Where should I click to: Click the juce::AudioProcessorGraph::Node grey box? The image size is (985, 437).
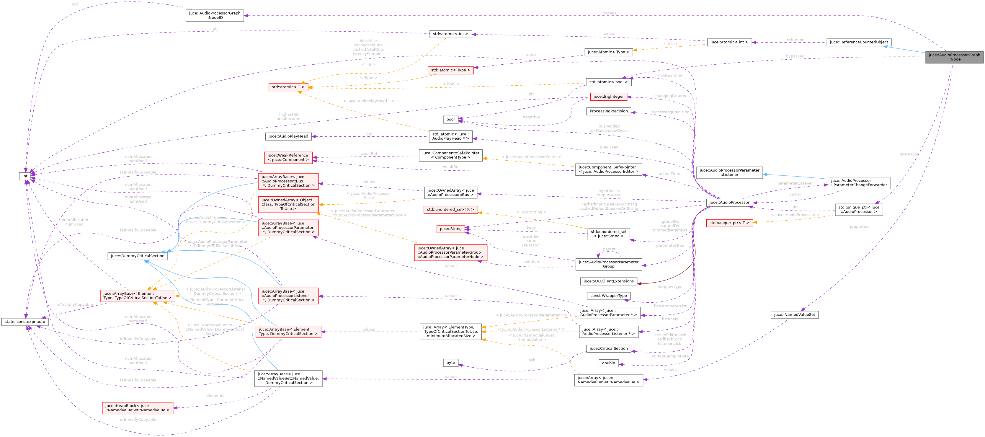tap(954, 57)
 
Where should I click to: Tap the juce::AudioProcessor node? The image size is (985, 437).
tap(729, 203)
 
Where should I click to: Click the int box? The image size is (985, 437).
tap(25, 176)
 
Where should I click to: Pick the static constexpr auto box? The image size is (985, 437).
tap(25, 322)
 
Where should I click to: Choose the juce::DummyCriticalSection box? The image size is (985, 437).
tap(137, 256)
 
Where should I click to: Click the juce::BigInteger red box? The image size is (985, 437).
tap(608, 97)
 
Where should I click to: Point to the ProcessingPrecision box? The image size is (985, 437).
tap(608, 111)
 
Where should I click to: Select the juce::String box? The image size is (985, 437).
tap(450, 229)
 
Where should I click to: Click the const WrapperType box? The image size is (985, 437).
tap(608, 296)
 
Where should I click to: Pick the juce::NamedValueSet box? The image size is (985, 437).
tap(794, 314)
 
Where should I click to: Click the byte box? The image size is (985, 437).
tap(450, 362)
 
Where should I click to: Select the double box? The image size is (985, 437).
tap(608, 363)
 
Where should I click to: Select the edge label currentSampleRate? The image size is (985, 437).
tap(670, 356)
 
